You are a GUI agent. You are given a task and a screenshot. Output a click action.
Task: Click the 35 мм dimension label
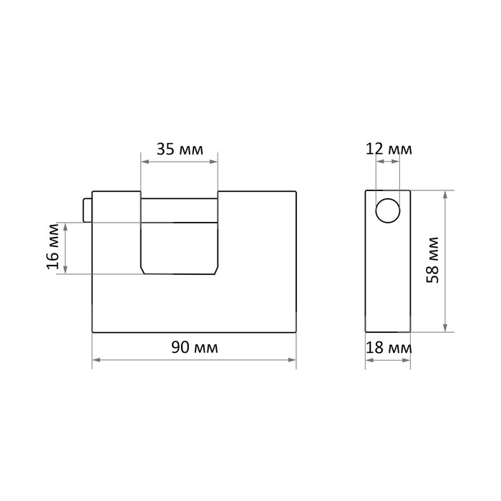click(180, 149)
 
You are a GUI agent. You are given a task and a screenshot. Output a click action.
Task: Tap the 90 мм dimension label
click(195, 347)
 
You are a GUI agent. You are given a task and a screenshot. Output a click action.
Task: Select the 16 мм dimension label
click(53, 247)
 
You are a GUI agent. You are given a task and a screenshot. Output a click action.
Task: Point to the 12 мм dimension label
click(389, 149)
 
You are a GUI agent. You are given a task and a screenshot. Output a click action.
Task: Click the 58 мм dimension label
click(433, 260)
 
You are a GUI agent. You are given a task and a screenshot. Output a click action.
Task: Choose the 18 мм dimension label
click(389, 348)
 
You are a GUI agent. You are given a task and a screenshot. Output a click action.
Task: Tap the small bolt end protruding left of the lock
click(87, 210)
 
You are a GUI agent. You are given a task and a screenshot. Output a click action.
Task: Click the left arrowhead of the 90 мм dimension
click(96, 360)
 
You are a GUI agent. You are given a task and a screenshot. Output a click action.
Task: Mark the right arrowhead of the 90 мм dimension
click(292, 360)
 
